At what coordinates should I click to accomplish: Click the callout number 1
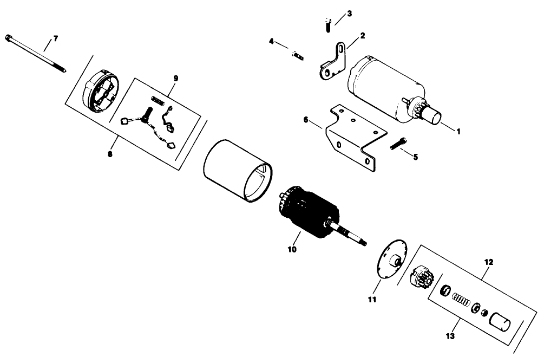coord(458,131)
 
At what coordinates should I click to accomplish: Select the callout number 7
coord(55,39)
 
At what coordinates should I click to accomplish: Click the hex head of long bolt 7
coord(9,37)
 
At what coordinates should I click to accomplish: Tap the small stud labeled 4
coord(298,55)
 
